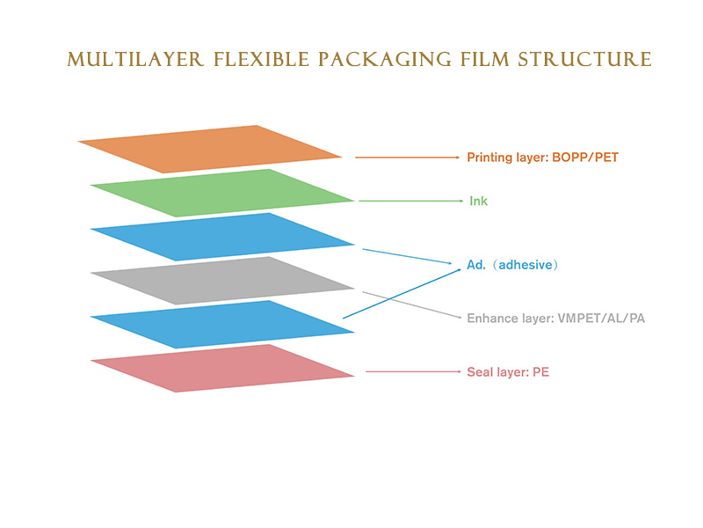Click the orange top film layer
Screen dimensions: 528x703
(x=211, y=149)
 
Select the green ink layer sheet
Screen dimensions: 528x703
(x=224, y=193)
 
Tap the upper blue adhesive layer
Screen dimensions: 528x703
(x=224, y=237)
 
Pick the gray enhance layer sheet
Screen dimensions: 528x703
(x=224, y=281)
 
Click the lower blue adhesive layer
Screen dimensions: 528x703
(x=224, y=325)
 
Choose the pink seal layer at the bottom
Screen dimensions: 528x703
(x=224, y=368)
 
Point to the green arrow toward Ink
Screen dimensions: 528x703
(x=409, y=202)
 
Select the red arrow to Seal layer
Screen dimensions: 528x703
(x=413, y=371)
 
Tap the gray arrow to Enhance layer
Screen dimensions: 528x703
(x=413, y=304)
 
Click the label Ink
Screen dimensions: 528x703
(x=477, y=202)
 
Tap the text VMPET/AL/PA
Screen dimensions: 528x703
(x=601, y=318)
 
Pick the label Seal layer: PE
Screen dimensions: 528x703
(x=507, y=372)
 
